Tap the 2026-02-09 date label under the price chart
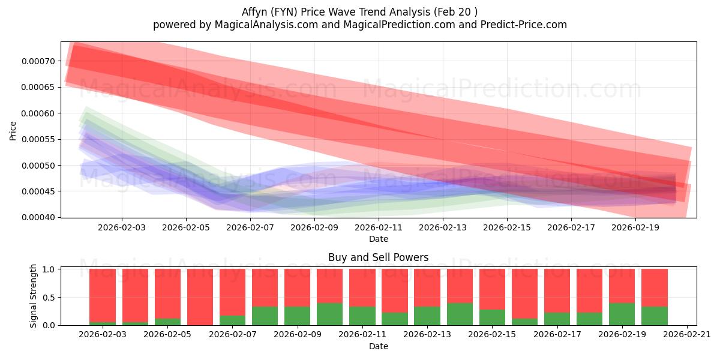(x=314, y=228)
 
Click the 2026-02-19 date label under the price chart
(x=636, y=228)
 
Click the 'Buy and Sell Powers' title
(x=378, y=257)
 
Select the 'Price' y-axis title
(x=13, y=130)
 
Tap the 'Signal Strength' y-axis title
(x=34, y=296)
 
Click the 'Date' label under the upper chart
(x=378, y=239)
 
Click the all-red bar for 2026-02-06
(x=200, y=297)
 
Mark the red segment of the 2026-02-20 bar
(x=655, y=287)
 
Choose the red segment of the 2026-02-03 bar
(x=103, y=295)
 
